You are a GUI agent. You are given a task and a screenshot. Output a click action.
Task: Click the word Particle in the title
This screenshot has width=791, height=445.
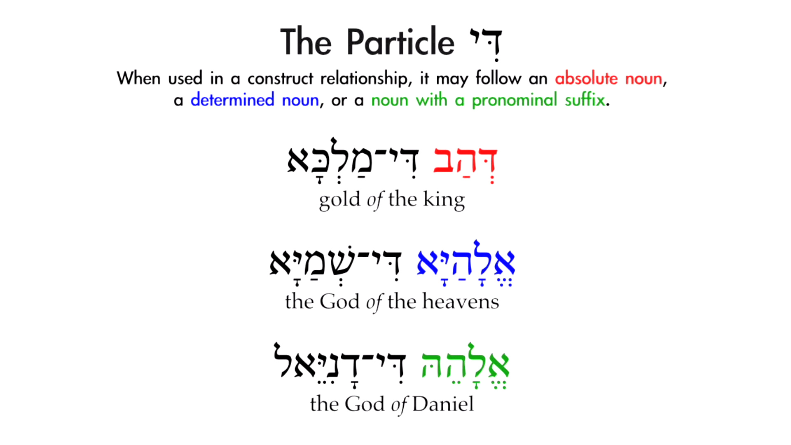tap(400, 42)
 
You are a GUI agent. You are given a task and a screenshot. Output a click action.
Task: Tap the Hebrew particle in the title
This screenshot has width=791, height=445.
tap(486, 43)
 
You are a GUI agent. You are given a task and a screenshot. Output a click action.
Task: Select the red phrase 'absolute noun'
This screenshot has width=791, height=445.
tap(608, 78)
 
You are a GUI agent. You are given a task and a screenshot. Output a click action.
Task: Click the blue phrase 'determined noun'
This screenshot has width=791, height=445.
tap(255, 100)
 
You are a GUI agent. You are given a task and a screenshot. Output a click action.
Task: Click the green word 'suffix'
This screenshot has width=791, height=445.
tap(585, 100)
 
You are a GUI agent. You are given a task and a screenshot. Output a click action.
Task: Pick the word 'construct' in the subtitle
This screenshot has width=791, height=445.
tap(280, 78)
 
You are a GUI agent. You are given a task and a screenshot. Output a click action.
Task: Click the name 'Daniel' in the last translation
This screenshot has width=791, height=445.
tap(443, 404)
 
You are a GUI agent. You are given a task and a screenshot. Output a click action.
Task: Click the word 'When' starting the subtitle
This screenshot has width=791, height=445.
tap(138, 78)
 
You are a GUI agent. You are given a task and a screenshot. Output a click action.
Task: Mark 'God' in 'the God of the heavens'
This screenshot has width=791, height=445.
tap(339, 302)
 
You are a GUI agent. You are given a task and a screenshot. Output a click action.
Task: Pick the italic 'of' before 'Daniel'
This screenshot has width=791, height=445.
tap(399, 404)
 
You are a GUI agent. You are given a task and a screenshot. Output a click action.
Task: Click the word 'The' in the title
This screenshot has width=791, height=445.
tap(306, 42)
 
